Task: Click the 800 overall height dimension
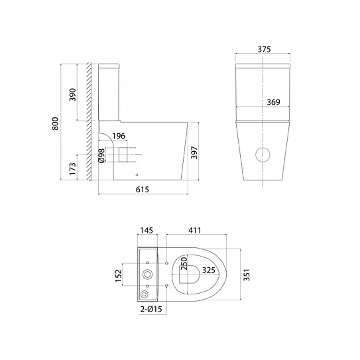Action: pyautogui.click(x=55, y=123)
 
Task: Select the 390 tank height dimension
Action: pyautogui.click(x=73, y=95)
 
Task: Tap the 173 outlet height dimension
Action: pyautogui.click(x=72, y=168)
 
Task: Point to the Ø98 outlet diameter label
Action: pyautogui.click(x=102, y=156)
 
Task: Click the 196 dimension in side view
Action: pyautogui.click(x=119, y=136)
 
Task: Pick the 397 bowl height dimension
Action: pyautogui.click(x=194, y=152)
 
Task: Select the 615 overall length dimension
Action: pyautogui.click(x=143, y=190)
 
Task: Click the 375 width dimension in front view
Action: pyautogui.click(x=264, y=49)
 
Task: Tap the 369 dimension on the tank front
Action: pyautogui.click(x=273, y=102)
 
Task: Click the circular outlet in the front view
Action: pyautogui.click(x=263, y=154)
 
